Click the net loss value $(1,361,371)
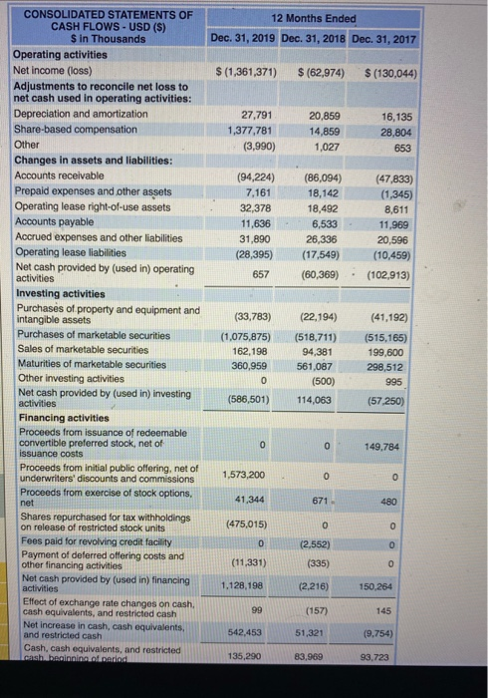coord(246,72)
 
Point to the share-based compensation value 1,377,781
coord(251,131)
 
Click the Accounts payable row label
coord(54,223)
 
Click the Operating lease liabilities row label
coord(72,252)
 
